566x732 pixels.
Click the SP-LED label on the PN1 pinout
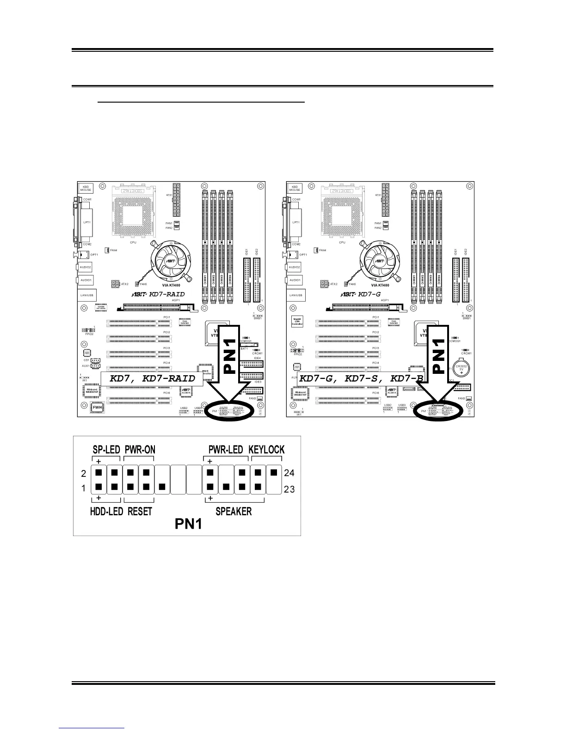(107, 450)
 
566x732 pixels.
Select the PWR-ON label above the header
(140, 450)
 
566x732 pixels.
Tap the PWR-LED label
(225, 450)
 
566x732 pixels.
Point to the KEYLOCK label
(266, 450)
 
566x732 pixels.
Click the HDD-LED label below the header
(106, 512)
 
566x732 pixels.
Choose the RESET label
(140, 512)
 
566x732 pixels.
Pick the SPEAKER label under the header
(234, 512)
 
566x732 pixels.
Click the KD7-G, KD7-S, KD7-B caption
(361, 378)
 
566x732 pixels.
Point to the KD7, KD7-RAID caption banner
(152, 378)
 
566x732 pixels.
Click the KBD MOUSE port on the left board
(86, 188)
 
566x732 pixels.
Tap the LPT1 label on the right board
(296, 222)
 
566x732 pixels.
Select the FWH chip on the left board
(97, 408)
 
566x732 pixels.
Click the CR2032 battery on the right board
(461, 369)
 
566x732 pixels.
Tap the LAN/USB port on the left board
(86, 295)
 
